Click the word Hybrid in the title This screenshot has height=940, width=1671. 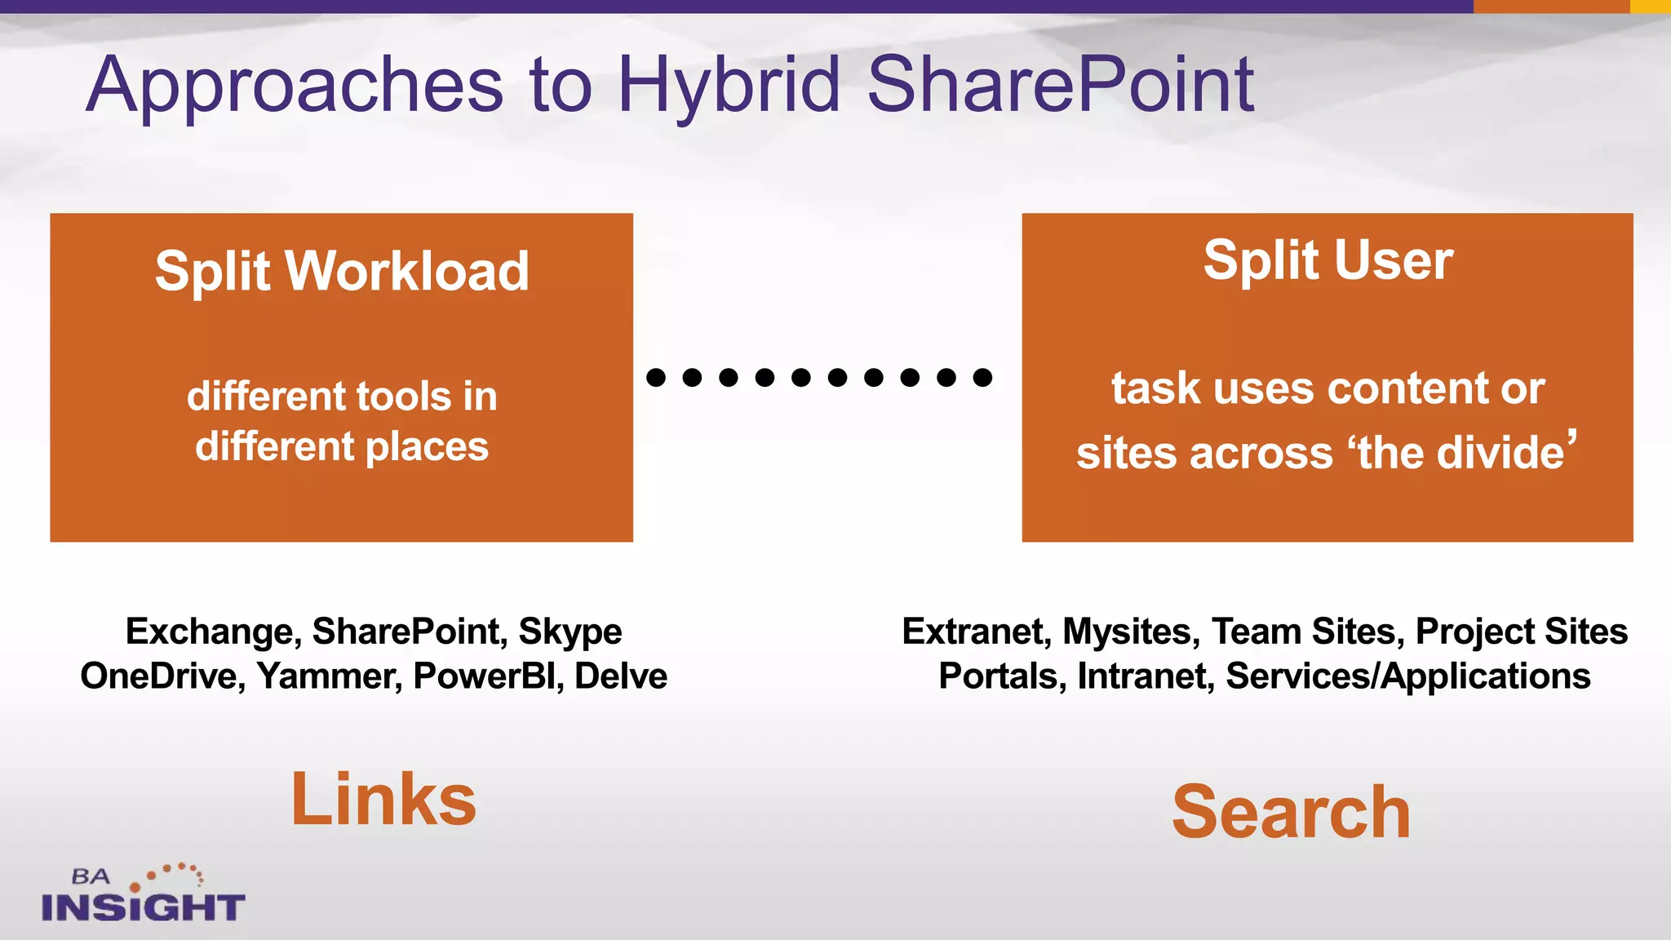pyautogui.click(x=728, y=86)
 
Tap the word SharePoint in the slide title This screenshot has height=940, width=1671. pyautogui.click(x=1059, y=84)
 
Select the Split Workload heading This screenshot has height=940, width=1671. pyautogui.click(x=342, y=271)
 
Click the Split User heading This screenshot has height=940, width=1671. pyautogui.click(x=1327, y=260)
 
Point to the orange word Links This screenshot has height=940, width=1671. pyautogui.click(x=383, y=800)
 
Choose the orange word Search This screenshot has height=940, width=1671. pyautogui.click(x=1291, y=812)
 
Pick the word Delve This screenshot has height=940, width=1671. pyautogui.click(x=620, y=676)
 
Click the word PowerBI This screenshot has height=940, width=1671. pyautogui.click(x=488, y=676)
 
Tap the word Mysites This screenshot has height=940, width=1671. pyautogui.click(x=1131, y=632)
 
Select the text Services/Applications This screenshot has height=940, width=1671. pyautogui.click(x=1407, y=676)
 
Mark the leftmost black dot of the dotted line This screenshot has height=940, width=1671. pyautogui.click(x=656, y=377)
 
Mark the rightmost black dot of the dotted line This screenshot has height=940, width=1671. pyautogui.click(x=982, y=377)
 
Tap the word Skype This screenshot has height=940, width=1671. pyautogui.click(x=570, y=632)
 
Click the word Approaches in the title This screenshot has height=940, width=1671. pyautogui.click(x=295, y=86)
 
